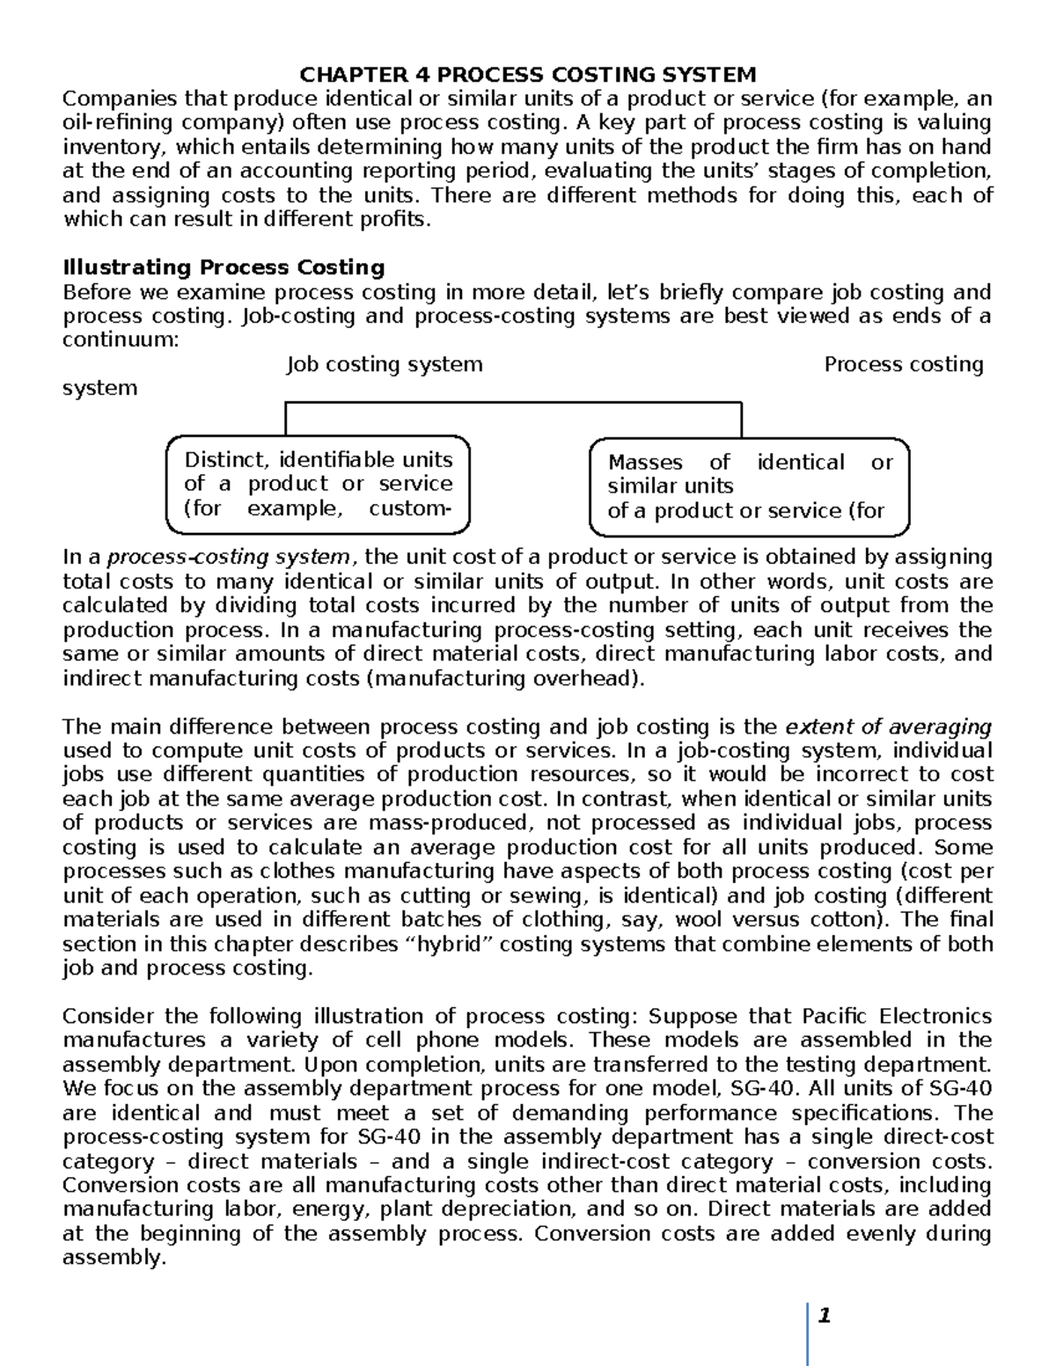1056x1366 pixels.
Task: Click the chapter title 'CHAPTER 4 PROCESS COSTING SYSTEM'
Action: pyautogui.click(x=528, y=74)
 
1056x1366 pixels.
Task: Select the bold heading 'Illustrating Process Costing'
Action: pyautogui.click(x=224, y=267)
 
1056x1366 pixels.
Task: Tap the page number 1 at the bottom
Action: pyautogui.click(x=824, y=1316)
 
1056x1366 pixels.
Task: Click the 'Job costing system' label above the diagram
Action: pyautogui.click(x=385, y=364)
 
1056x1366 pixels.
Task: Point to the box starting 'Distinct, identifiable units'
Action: pyautogui.click(x=318, y=485)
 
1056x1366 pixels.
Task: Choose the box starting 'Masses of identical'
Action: pyautogui.click(x=749, y=487)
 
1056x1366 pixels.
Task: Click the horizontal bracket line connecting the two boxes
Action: pyautogui.click(x=513, y=403)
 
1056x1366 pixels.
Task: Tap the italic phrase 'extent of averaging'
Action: pyautogui.click(x=888, y=727)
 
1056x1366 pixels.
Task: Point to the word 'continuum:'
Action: pyautogui.click(x=121, y=340)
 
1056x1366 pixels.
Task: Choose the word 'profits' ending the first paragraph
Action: pyautogui.click(x=395, y=219)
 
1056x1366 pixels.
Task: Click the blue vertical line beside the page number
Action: pyautogui.click(x=808, y=1333)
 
